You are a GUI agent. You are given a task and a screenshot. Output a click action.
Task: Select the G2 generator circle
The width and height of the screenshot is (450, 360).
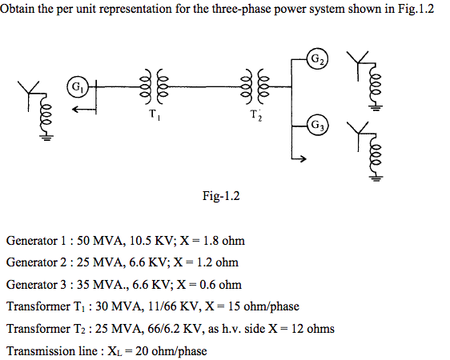point(318,60)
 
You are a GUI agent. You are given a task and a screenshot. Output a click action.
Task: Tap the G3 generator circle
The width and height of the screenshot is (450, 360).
point(318,125)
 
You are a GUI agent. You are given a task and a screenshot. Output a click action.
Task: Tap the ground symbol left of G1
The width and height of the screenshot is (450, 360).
point(47,137)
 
